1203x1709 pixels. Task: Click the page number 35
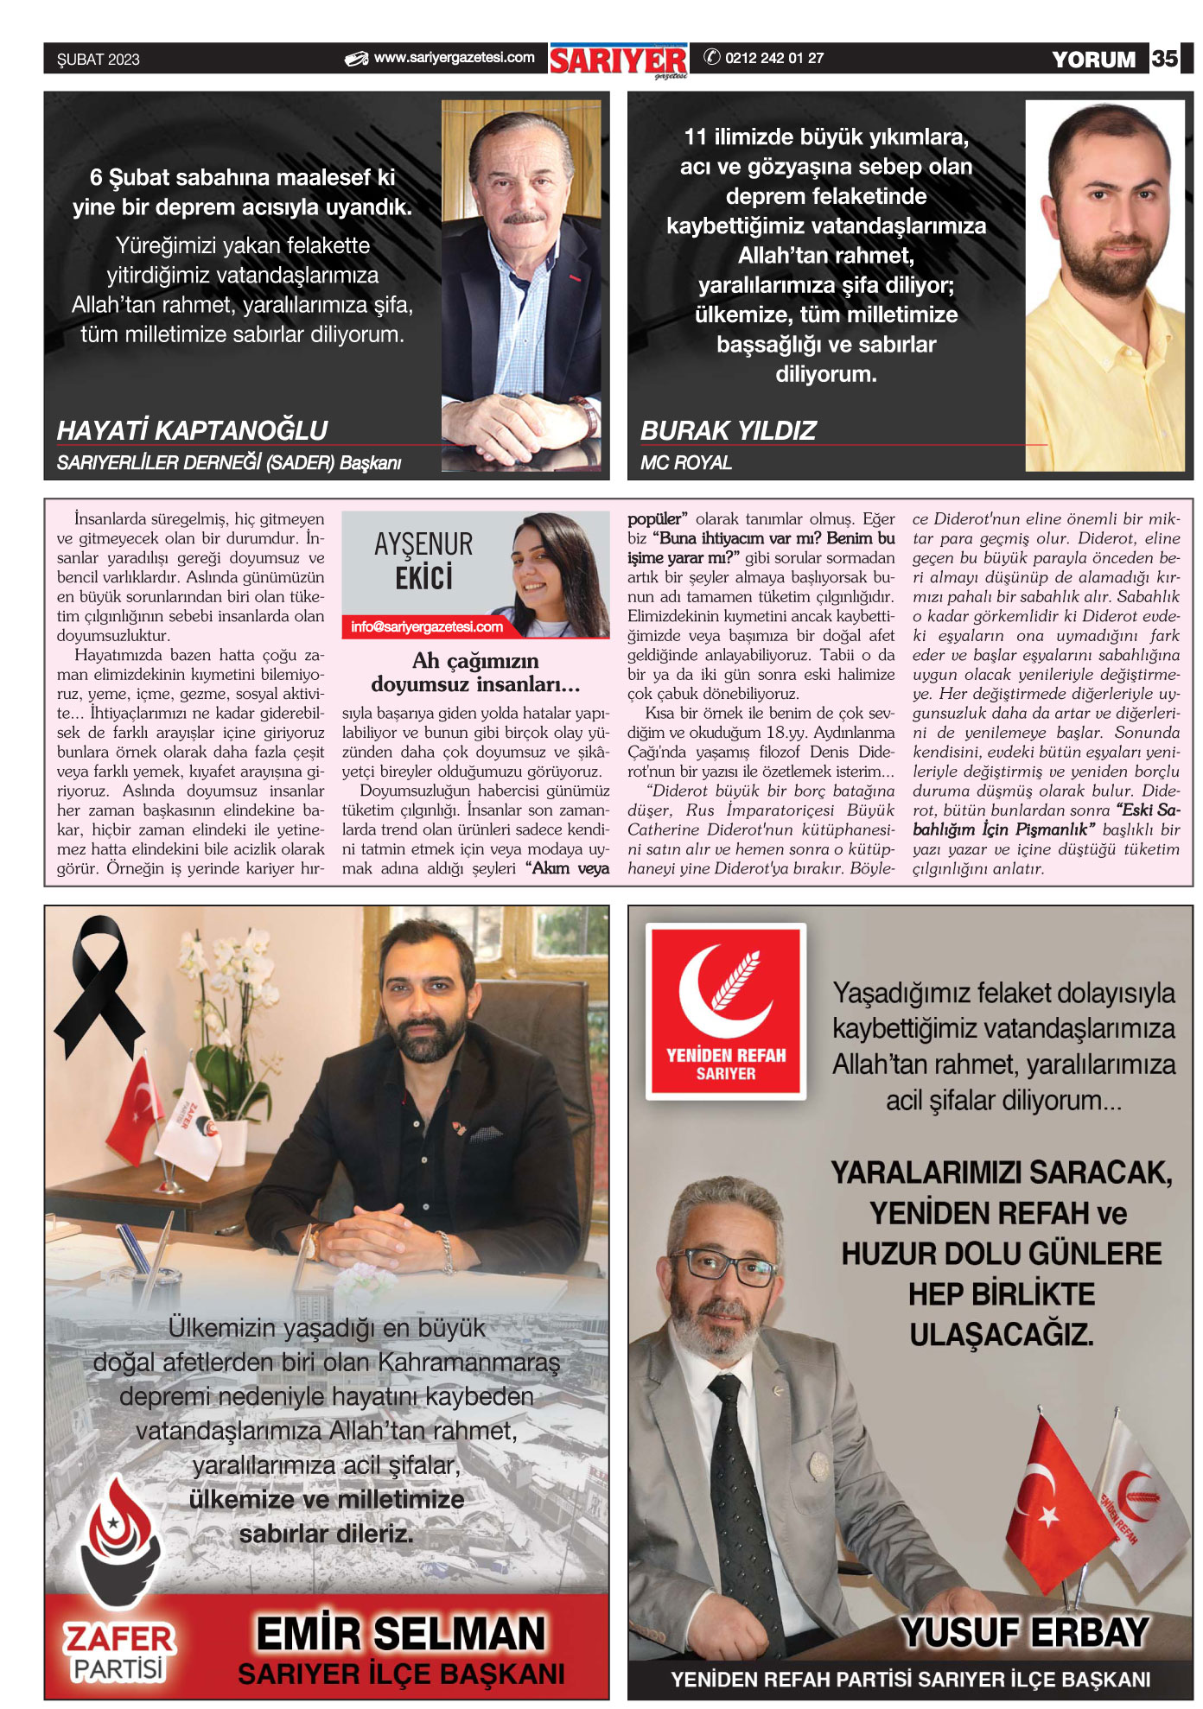tap(1164, 59)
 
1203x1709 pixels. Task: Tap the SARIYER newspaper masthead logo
tap(619, 60)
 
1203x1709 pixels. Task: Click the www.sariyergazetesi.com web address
tap(454, 58)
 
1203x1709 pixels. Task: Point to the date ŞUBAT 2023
tap(99, 60)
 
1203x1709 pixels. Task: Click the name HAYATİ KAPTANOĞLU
tap(192, 430)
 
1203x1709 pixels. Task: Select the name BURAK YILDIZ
tap(728, 430)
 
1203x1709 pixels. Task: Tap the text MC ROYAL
tap(685, 463)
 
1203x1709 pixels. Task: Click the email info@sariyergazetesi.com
tap(427, 627)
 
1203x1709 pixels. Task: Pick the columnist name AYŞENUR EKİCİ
tap(423, 561)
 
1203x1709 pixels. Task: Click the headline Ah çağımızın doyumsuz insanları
tap(475, 672)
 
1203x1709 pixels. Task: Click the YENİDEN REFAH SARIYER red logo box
tap(726, 1012)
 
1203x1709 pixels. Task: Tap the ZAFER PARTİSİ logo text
tap(118, 1651)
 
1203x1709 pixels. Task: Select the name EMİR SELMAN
tap(401, 1634)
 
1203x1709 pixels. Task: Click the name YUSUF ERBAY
tap(1024, 1633)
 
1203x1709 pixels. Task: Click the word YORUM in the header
tap(1093, 60)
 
